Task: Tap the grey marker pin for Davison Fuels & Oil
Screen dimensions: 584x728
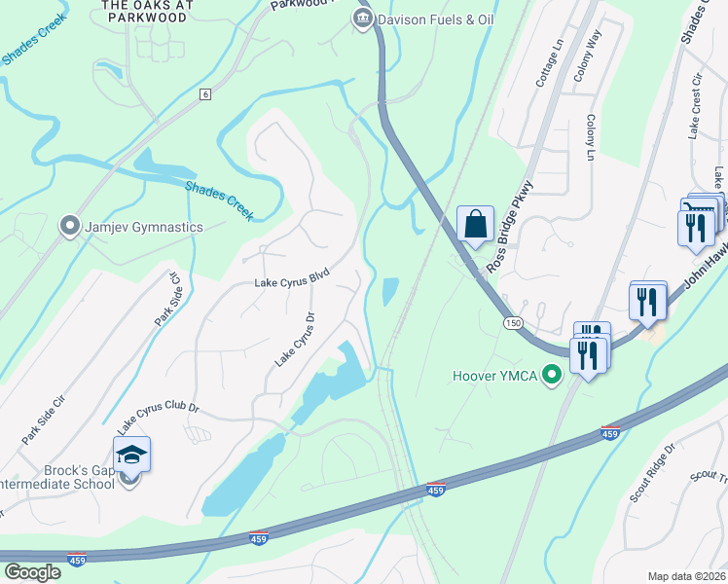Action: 362,18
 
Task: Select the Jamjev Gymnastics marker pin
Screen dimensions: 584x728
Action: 69,227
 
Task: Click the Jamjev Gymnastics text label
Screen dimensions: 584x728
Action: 144,227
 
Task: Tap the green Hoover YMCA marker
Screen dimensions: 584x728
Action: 554,375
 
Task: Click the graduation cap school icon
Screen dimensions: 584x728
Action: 130,456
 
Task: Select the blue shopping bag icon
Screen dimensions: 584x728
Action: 475,225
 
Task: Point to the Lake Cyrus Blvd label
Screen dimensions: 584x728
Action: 292,281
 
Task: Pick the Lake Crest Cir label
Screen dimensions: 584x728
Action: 695,107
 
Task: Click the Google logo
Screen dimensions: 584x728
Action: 33,571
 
